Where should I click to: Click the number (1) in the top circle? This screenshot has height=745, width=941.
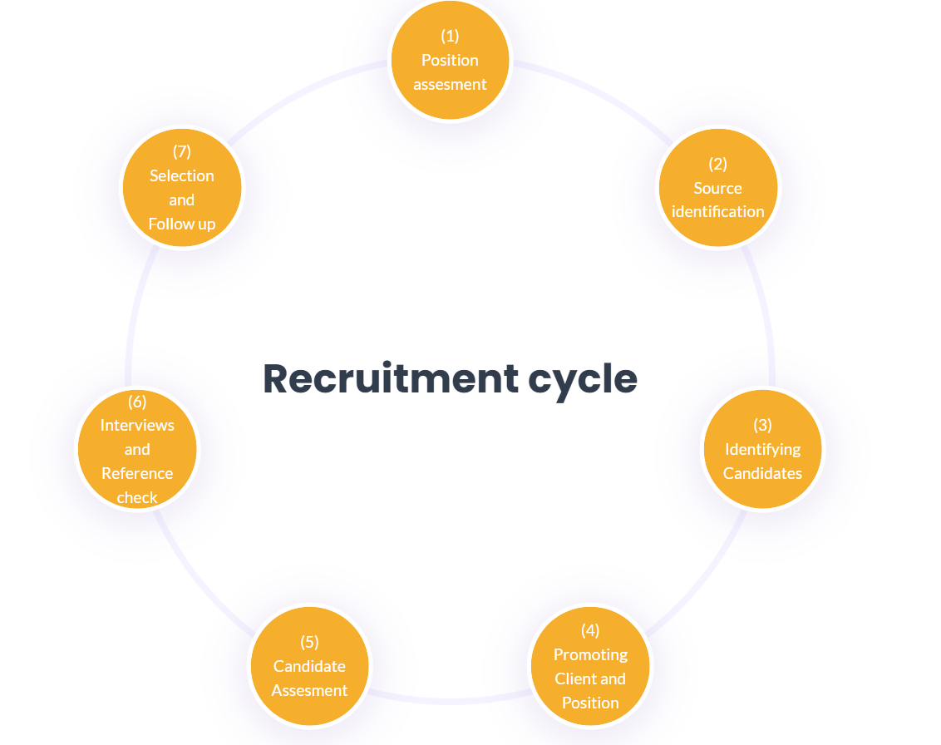pyautogui.click(x=450, y=36)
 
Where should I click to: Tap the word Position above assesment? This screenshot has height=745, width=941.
pyautogui.click(x=450, y=60)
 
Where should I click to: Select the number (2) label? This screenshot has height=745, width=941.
pyautogui.click(x=717, y=164)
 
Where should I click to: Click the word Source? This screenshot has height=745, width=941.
pyautogui.click(x=717, y=188)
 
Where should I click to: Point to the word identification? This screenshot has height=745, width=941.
pyautogui.click(x=717, y=211)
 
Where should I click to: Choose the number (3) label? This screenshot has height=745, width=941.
pyautogui.click(x=762, y=425)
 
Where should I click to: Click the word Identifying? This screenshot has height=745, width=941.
pyautogui.click(x=762, y=449)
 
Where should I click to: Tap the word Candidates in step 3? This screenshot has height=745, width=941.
pyautogui.click(x=762, y=473)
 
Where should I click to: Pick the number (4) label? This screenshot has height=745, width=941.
pyautogui.click(x=590, y=630)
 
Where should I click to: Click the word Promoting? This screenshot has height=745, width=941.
pyautogui.click(x=590, y=654)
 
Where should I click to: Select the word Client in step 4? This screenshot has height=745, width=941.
pyautogui.click(x=572, y=678)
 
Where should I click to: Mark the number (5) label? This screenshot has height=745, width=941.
pyautogui.click(x=309, y=642)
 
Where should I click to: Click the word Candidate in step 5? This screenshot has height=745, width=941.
pyautogui.click(x=309, y=666)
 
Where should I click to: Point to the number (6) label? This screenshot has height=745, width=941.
pyautogui.click(x=137, y=402)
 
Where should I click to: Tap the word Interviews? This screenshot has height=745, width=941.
pyautogui.click(x=137, y=425)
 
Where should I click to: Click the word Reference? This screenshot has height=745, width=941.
pyautogui.click(x=137, y=473)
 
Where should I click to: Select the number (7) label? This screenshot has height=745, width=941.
pyautogui.click(x=181, y=151)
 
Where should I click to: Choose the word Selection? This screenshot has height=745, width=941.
pyautogui.click(x=181, y=175)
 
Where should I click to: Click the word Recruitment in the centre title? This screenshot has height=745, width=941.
pyautogui.click(x=390, y=379)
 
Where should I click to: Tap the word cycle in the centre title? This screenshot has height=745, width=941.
pyautogui.click(x=583, y=379)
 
